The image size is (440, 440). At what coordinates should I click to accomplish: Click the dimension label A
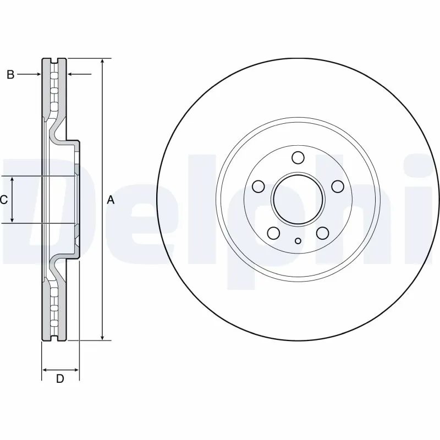(111, 200)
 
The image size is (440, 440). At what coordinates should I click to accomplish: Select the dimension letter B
(10, 75)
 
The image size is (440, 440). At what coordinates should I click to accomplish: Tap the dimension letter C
(4, 200)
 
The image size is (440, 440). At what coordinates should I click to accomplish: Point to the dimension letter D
(60, 378)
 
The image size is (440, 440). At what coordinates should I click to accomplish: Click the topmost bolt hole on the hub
(298, 158)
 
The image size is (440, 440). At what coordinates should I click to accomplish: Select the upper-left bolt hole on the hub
(257, 186)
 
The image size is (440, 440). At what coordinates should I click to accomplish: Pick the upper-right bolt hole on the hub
(337, 186)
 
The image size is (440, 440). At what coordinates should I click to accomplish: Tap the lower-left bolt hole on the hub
(273, 233)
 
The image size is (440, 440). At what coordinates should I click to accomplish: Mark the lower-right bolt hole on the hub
(322, 233)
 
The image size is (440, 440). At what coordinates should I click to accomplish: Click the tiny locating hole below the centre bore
(298, 240)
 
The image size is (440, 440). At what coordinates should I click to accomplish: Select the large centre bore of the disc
(298, 199)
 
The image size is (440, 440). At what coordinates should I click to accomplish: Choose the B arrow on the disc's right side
(71, 74)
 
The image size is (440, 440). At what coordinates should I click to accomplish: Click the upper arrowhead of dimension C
(13, 180)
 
